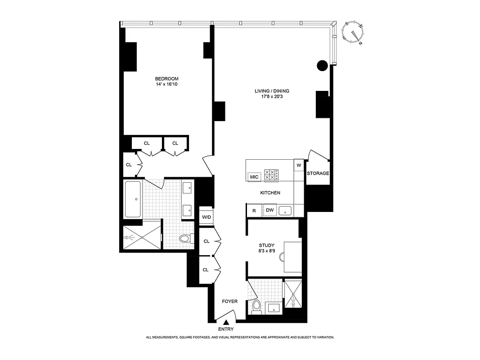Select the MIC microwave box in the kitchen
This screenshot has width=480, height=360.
click(255, 177)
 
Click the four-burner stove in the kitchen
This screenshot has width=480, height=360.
click(271, 175)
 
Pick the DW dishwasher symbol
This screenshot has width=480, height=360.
click(269, 210)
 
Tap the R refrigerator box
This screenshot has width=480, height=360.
click(254, 210)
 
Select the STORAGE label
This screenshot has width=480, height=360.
click(318, 173)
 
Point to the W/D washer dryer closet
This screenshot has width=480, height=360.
click(206, 217)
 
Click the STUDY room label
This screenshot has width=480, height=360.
click(267, 245)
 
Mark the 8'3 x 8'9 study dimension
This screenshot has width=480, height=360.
click(267, 251)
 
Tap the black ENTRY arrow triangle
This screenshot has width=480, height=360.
click(227, 322)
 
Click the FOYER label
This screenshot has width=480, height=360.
click(229, 301)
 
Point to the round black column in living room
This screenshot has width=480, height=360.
click(322, 66)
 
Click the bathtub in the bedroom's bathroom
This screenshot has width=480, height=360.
click(133, 198)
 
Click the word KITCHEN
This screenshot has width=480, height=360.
click(270, 193)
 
